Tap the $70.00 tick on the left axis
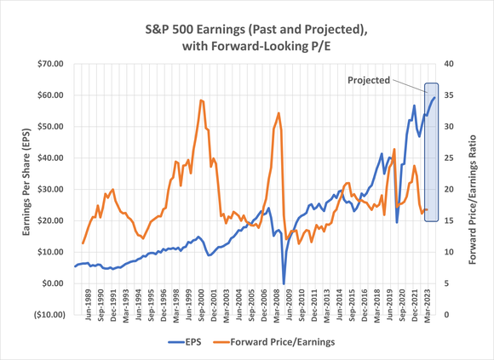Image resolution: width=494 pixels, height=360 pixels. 49,64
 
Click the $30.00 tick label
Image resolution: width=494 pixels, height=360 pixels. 49,189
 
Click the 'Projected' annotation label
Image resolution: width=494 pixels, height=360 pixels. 368,80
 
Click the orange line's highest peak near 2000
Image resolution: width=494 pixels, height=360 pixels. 201,100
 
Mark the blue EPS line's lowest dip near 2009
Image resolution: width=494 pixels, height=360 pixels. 284,283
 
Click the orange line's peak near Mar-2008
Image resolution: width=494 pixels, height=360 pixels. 279,113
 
